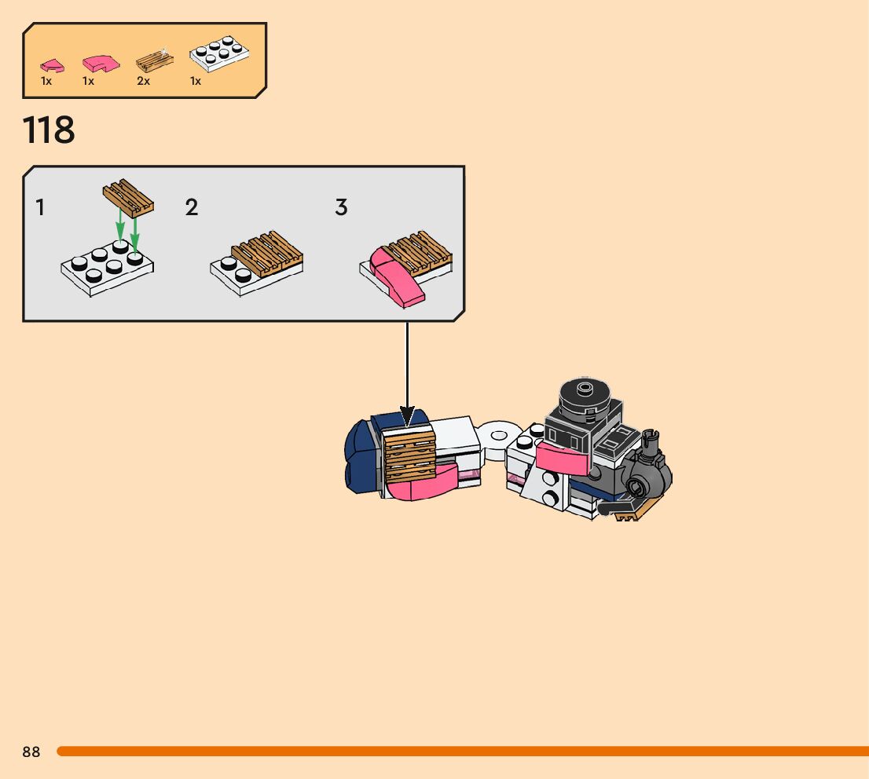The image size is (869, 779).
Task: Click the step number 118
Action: coord(49,130)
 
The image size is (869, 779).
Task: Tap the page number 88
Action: coord(31,752)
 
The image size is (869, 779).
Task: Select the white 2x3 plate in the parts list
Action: coord(221,55)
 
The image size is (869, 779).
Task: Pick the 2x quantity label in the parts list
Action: coord(143,81)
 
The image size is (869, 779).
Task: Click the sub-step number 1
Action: coord(40,208)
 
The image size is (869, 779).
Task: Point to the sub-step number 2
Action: coord(192,208)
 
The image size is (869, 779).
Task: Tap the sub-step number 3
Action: coord(341,208)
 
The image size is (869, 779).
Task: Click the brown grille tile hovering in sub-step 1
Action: coord(128,198)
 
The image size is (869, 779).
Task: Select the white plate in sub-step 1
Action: coord(107,271)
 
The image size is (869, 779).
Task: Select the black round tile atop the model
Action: coord(583,393)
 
